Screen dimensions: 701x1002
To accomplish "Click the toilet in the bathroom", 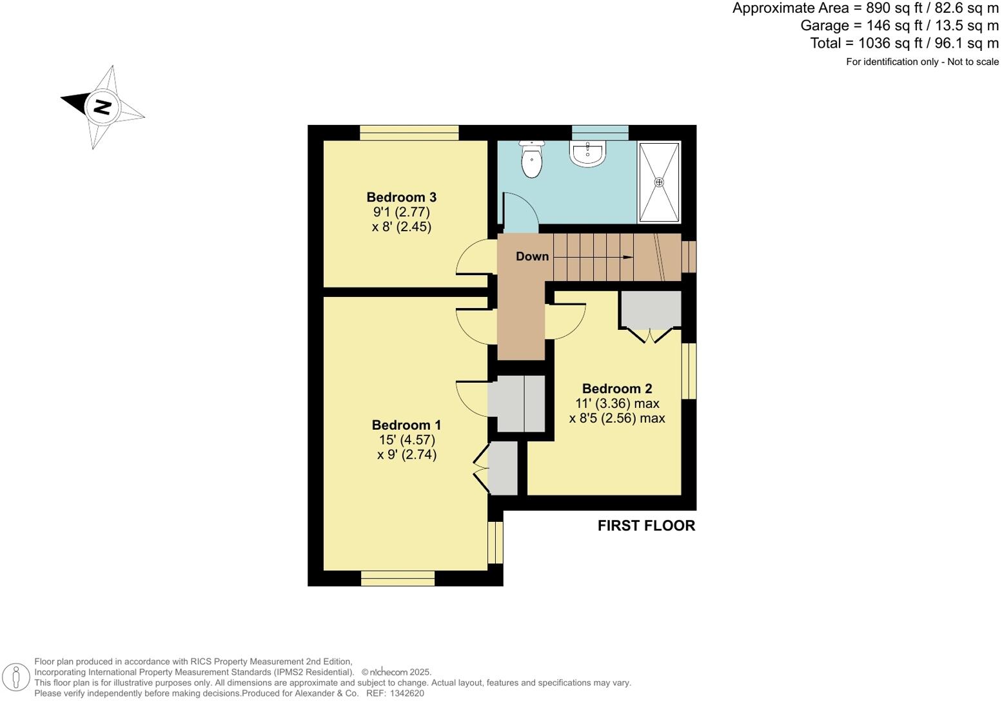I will (x=531, y=159).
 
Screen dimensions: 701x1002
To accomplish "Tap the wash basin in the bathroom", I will (x=587, y=154).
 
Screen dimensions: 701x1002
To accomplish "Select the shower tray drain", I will (x=659, y=182).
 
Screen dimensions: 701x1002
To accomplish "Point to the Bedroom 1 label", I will (x=406, y=425).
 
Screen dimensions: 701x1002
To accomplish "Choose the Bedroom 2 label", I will (x=617, y=389).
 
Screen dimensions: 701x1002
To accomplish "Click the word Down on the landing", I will (x=532, y=256).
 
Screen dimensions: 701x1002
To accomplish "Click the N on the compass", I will (x=102, y=106).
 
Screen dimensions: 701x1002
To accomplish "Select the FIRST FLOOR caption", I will (x=646, y=526).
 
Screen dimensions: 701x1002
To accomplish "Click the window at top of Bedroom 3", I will (x=409, y=133).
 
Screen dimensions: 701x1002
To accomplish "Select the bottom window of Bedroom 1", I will (x=397, y=578).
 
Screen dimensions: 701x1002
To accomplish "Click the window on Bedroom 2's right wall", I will (x=689, y=370).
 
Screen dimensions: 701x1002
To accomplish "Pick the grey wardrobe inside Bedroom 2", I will (x=651, y=309).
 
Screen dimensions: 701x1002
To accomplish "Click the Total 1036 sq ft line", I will (x=904, y=43).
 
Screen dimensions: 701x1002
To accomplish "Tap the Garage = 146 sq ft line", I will (x=899, y=26).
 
